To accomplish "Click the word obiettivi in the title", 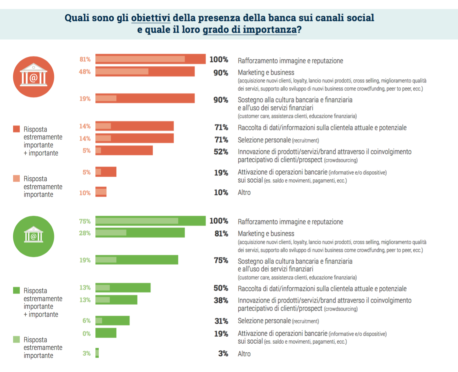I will click(x=150, y=18).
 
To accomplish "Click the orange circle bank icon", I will click(x=33, y=77).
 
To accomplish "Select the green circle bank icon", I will click(x=33, y=236).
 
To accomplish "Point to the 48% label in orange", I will click(x=85, y=72).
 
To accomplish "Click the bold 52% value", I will click(x=221, y=152).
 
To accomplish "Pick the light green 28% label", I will click(x=85, y=233).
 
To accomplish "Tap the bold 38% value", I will click(x=221, y=301).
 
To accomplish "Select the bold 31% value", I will click(x=221, y=321).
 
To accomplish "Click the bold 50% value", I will click(x=221, y=288).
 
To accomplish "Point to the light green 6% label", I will click(x=86, y=321).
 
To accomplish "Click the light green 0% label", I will click(x=86, y=334).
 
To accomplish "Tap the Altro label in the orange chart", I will click(x=244, y=193).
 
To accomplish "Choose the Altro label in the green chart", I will click(x=244, y=354).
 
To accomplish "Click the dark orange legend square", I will click(x=16, y=129).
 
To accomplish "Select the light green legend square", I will click(x=16, y=340).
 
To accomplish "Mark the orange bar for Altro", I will click(x=101, y=192).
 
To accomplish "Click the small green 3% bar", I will click(x=97, y=353).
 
